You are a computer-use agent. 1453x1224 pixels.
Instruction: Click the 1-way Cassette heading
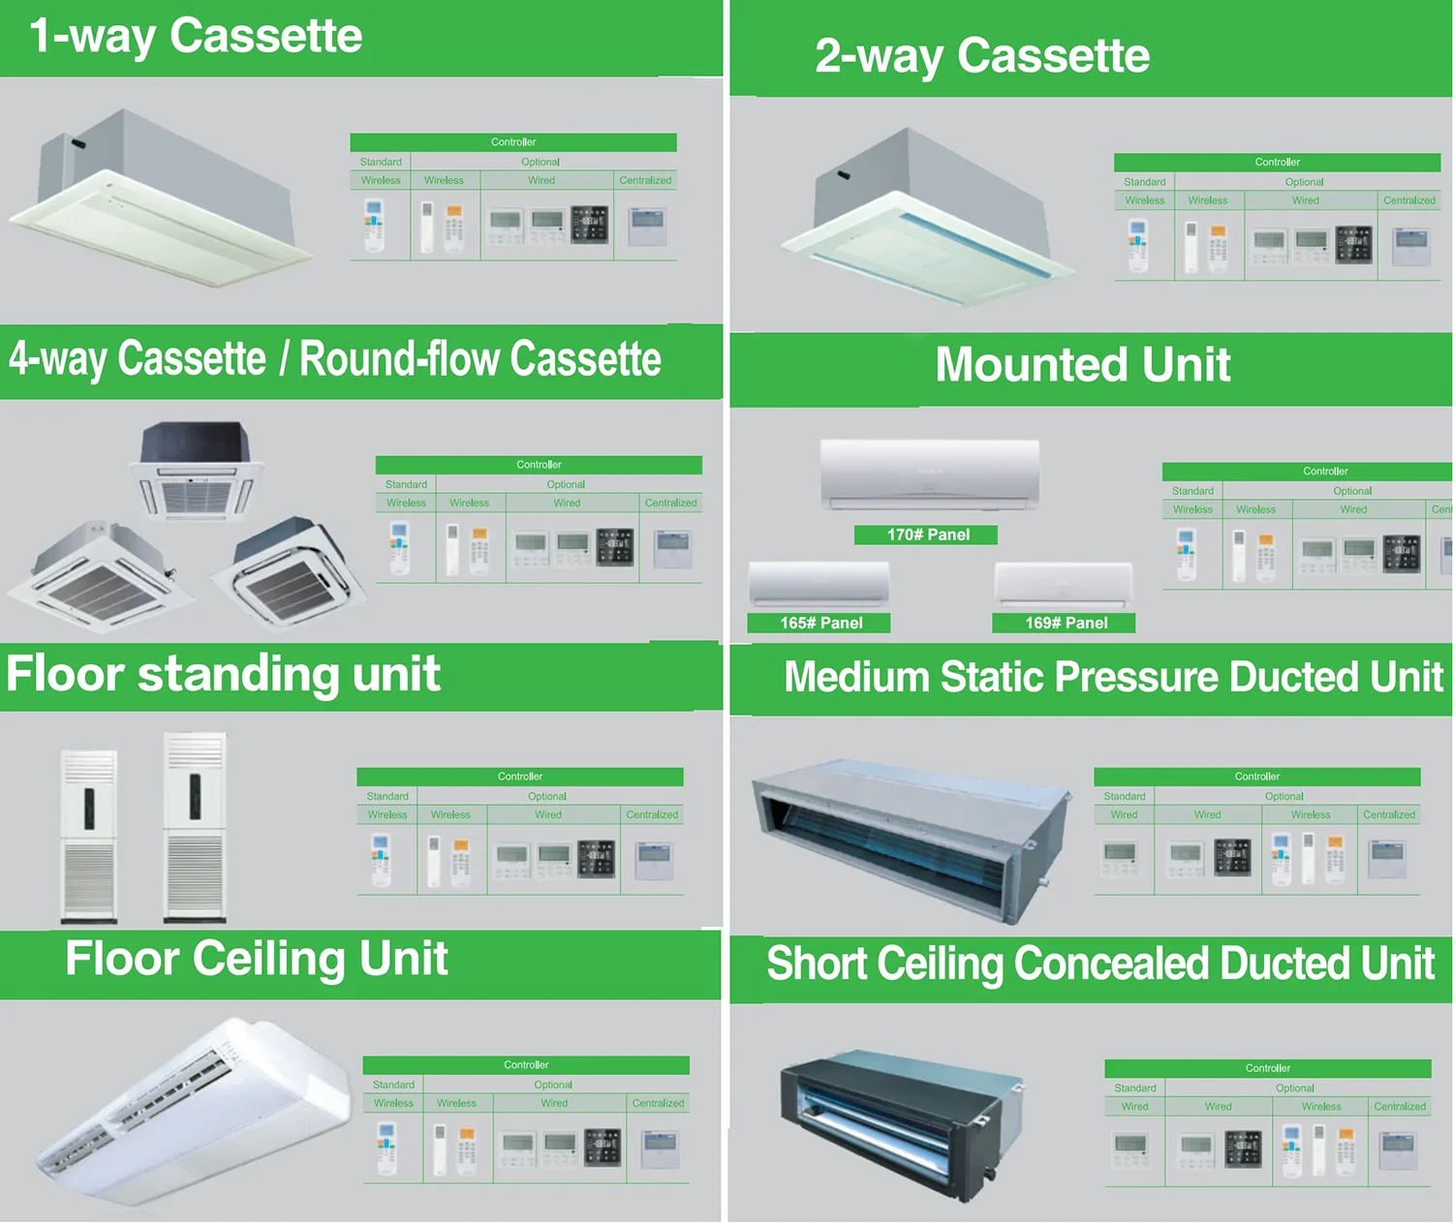[196, 37]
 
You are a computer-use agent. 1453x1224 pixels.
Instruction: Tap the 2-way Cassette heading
[981, 56]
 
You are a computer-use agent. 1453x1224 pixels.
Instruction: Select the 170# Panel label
[927, 535]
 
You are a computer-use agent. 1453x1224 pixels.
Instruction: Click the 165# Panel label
[820, 623]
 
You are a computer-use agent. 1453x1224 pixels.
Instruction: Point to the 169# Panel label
[1066, 623]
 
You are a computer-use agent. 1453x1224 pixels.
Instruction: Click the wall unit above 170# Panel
[929, 474]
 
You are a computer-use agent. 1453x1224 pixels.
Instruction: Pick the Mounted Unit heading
[1082, 365]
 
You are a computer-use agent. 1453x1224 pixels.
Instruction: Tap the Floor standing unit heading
[223, 674]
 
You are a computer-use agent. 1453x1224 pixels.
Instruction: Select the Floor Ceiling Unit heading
[256, 959]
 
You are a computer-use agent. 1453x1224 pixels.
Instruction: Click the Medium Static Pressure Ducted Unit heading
[1113, 677]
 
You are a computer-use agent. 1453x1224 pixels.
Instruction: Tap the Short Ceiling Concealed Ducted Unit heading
[1099, 964]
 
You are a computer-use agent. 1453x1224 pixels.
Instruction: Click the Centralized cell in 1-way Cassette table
[645, 180]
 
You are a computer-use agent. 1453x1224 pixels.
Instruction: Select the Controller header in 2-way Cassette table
[1277, 162]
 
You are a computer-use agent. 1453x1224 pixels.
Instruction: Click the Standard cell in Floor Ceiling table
[393, 1085]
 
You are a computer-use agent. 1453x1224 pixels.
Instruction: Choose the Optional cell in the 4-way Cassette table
[566, 484]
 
